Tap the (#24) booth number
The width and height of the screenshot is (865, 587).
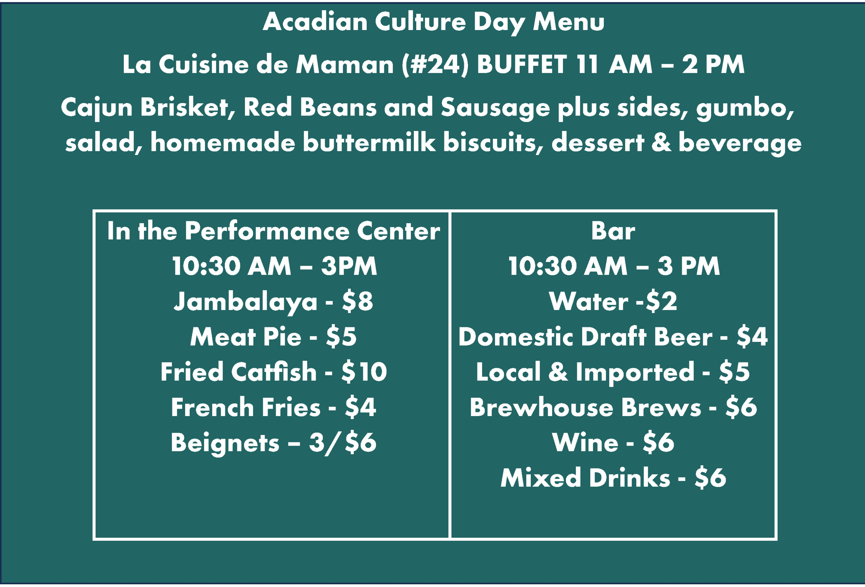[x=435, y=65]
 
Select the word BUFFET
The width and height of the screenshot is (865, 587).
[x=521, y=65]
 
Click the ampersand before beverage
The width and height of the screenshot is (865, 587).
[x=661, y=143]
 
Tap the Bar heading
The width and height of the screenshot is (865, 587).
[x=613, y=231]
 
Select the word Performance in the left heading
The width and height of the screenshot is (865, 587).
[x=267, y=231]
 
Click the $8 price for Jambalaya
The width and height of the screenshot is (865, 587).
[x=357, y=301]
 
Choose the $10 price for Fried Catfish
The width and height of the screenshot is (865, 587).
[x=364, y=372]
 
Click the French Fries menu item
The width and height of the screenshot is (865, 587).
[x=246, y=407]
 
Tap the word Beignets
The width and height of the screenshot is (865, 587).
[x=225, y=443]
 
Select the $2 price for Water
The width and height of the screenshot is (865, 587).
[x=661, y=301]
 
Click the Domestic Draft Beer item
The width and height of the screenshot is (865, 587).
[x=585, y=337]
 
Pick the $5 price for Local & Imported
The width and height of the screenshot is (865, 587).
[x=734, y=372]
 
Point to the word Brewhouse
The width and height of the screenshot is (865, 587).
[x=541, y=407]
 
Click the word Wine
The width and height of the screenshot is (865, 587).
[x=585, y=442]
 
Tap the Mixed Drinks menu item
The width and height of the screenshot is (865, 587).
[x=585, y=478]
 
